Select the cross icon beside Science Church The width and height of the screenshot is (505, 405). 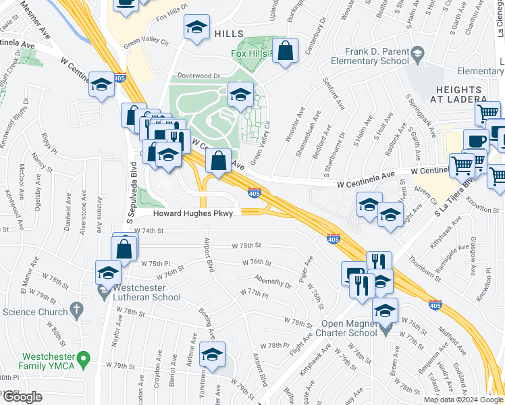tap(77, 311)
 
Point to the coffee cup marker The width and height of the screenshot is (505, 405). tap(476, 141)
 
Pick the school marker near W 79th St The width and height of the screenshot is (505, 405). tap(212, 355)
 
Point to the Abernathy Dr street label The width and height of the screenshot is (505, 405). tap(273, 280)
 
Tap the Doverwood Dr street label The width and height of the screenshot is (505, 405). tap(199, 76)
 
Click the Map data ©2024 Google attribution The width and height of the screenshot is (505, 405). tap(462, 400)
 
